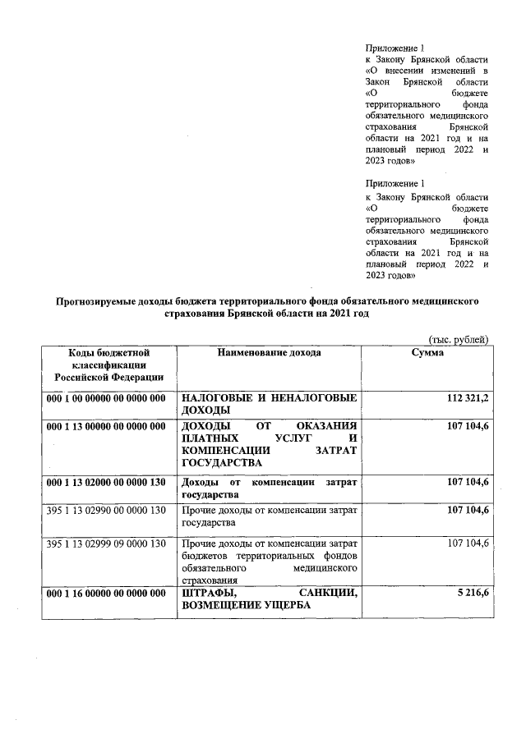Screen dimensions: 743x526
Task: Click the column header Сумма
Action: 427,352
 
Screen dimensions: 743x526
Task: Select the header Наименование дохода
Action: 269,352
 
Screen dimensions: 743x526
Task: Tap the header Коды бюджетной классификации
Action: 108,365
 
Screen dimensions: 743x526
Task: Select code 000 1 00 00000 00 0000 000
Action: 107,398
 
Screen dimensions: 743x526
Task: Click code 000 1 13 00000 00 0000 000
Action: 107,424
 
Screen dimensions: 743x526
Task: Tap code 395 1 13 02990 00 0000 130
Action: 107,511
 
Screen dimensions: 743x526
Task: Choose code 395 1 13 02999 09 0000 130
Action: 107,543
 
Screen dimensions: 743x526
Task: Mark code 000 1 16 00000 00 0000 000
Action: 107,594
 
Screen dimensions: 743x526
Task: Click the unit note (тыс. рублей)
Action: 459,339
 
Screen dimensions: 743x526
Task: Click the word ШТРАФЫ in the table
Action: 210,594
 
